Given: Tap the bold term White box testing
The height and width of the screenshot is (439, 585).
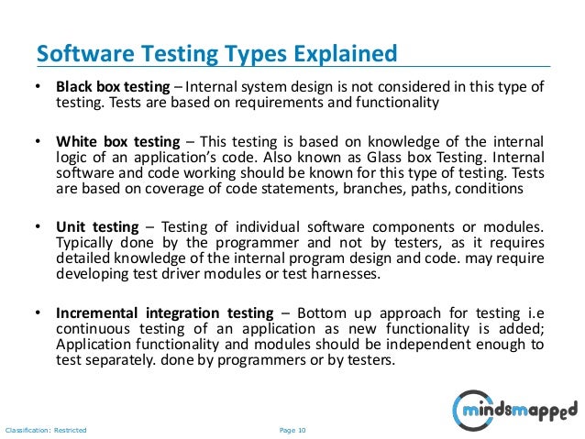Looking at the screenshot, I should click(115, 142).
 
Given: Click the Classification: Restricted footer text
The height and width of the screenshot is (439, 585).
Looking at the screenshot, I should click(46, 429).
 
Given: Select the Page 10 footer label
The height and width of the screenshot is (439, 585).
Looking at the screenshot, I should click(292, 429).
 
